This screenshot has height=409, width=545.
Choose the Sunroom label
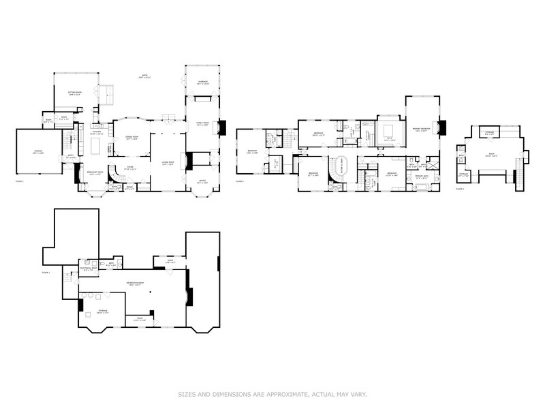coord(203,82)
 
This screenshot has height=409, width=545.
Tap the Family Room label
coord(203,125)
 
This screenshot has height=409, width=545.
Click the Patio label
coord(144,77)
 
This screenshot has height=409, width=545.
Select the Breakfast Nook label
coord(95,173)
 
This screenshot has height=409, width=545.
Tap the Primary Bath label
coord(422,177)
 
